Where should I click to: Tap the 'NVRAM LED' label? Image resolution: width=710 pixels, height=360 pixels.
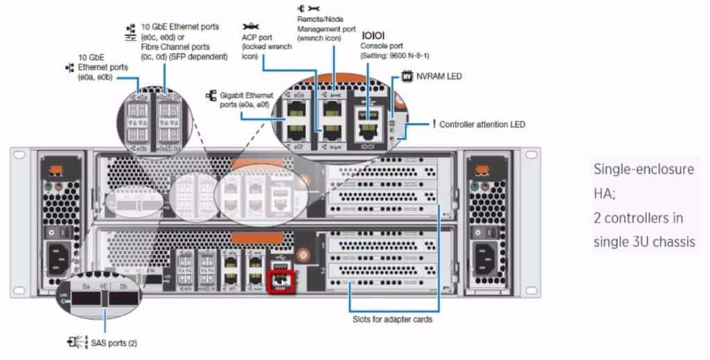tap(440, 76)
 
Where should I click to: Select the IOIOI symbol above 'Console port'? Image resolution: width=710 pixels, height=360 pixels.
tap(374, 34)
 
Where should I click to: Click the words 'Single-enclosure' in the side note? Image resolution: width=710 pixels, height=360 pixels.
tap(633, 169)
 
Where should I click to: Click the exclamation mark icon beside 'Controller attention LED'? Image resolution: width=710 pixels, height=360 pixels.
tap(433, 123)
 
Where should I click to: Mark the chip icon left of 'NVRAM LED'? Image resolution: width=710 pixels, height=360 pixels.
tap(407, 76)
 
